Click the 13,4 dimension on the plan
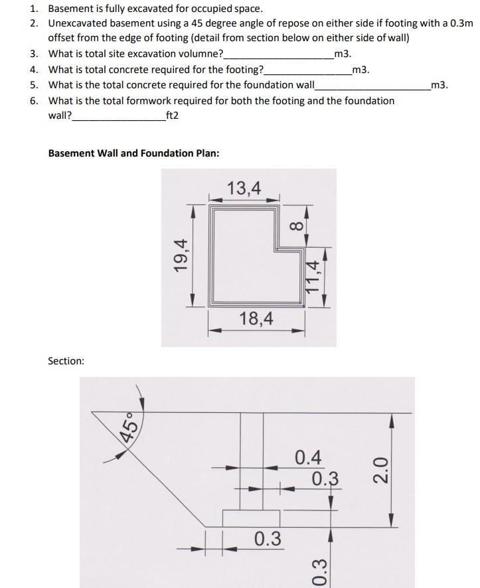pyautogui.click(x=244, y=188)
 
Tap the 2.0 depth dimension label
pyautogui.click(x=380, y=471)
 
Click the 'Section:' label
pyautogui.click(x=66, y=361)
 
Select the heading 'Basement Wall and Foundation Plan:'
pyautogui.click(x=133, y=153)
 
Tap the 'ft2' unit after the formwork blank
pyautogui.click(x=172, y=115)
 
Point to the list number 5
pyautogui.click(x=33, y=85)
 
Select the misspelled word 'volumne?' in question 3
pyautogui.click(x=201, y=54)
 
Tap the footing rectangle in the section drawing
pyautogui.click(x=250, y=518)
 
